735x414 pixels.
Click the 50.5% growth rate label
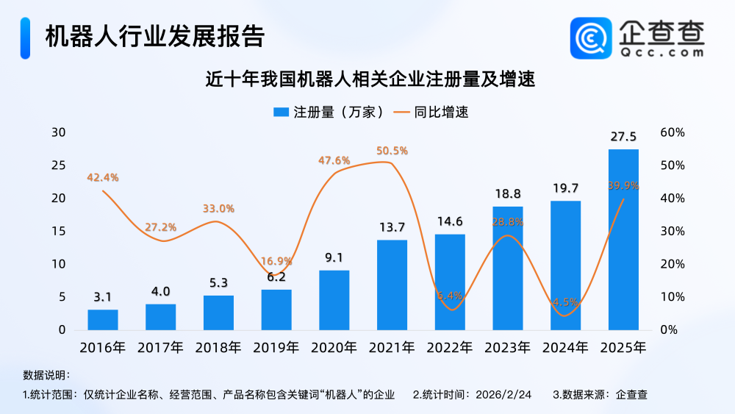(x=392, y=151)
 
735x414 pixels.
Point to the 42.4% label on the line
(x=103, y=177)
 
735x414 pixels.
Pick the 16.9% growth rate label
(x=276, y=261)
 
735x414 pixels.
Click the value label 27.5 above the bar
(x=623, y=137)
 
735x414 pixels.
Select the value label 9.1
(x=334, y=258)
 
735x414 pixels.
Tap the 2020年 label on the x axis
(x=334, y=348)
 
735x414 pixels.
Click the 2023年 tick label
(x=508, y=348)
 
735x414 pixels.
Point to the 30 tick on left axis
(x=58, y=132)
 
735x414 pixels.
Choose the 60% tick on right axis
(x=673, y=132)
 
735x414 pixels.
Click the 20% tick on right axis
(x=673, y=264)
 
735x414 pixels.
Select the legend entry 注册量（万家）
(x=328, y=113)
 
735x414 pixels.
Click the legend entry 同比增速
(x=431, y=113)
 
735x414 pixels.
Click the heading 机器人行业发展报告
(x=154, y=36)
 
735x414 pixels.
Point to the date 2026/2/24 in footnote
(x=504, y=394)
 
